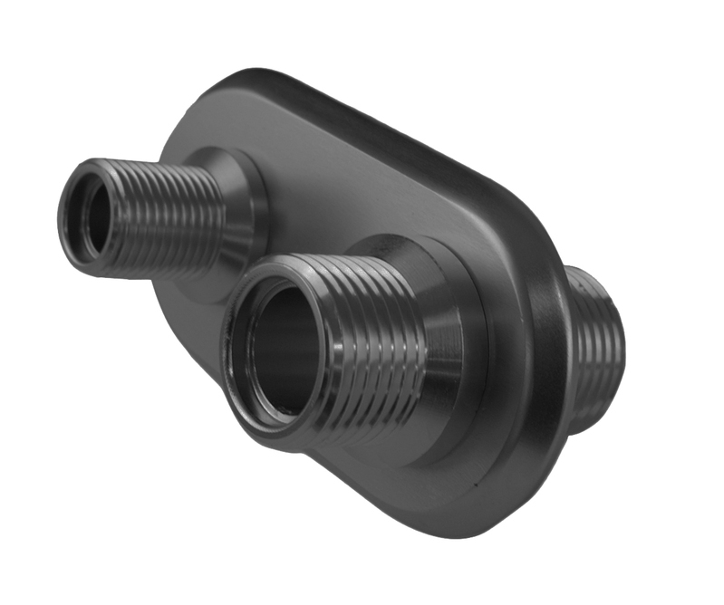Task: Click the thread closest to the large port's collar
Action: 412,353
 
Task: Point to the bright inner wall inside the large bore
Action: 263,362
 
